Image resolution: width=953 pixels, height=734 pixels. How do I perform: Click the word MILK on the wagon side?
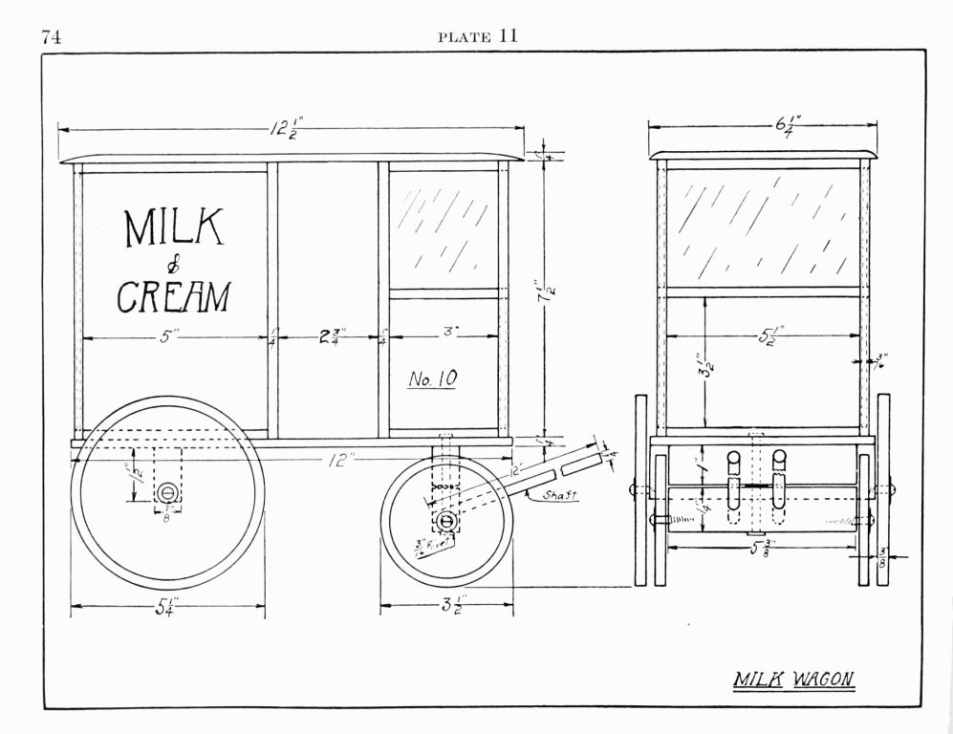click(174, 228)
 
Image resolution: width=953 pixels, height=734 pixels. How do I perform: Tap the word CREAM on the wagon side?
click(173, 296)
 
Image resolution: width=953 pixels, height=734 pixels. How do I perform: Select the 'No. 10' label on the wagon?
click(433, 379)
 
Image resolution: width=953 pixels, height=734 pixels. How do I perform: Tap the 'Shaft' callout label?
click(558, 495)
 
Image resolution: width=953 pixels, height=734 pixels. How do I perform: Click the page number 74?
click(51, 37)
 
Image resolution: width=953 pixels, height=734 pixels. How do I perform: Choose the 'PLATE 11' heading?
click(477, 37)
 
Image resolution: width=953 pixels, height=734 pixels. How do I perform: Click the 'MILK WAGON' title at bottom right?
click(792, 680)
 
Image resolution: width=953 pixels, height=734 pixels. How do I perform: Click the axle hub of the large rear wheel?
click(167, 492)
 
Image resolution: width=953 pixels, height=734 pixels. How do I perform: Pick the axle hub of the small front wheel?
click(446, 522)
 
